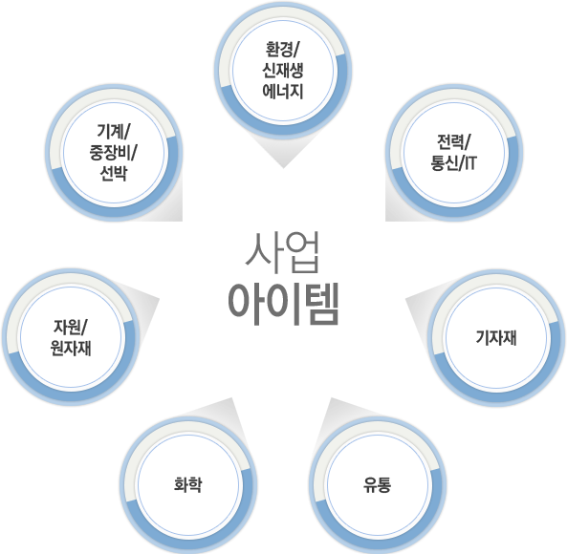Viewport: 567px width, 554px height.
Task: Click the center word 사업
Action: point(282,252)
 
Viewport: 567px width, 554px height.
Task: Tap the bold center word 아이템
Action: point(283,304)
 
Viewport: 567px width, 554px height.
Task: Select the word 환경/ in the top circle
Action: point(281,49)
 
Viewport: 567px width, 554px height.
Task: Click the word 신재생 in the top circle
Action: point(282,70)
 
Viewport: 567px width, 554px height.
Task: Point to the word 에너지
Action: point(282,91)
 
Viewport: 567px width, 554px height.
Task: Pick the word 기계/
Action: point(114,131)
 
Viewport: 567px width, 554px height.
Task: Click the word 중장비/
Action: point(113,152)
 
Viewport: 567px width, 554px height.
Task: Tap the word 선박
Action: point(113,173)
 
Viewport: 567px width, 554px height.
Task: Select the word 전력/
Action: point(454,141)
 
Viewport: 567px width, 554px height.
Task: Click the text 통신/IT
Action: point(453,162)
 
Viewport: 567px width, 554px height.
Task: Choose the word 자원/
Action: point(70,327)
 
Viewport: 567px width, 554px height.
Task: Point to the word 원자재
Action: point(71,348)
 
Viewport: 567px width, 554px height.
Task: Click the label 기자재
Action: point(495,338)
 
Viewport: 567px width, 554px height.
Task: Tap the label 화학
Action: point(188,484)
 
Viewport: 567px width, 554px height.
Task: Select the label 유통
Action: point(377,484)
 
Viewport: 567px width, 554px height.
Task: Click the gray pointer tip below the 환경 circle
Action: point(283,168)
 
